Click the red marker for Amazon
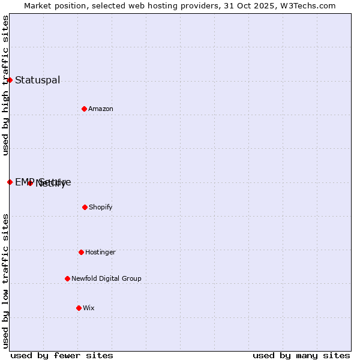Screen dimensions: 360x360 tap(84, 109)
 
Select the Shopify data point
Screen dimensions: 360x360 tap(85, 207)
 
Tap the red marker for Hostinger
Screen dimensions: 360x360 tap(81, 252)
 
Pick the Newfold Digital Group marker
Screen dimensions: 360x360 tap(67, 278)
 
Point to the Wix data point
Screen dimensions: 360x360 tap(79, 308)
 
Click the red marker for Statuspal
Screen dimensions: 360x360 tap(10, 80)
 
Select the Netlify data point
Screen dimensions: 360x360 tap(30, 183)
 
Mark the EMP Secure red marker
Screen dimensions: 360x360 tap(10, 182)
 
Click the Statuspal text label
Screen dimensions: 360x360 tap(37, 80)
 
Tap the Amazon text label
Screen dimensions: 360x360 tap(101, 109)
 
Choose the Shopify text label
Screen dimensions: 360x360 tap(101, 207)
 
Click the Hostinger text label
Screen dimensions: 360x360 tap(100, 252)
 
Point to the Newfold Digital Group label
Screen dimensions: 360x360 tap(106, 278)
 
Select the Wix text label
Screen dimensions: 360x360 tap(89, 308)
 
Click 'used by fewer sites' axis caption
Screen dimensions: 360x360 tap(62, 355)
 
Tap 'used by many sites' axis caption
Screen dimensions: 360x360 tap(301, 355)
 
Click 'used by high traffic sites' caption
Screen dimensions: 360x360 tap(5, 85)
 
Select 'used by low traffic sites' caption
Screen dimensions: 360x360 tap(5, 280)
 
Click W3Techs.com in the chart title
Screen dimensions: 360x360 tap(305, 5)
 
